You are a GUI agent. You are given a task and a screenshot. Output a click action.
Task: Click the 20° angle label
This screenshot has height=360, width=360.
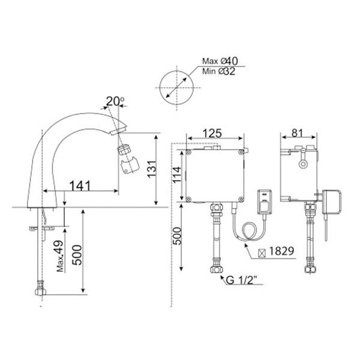click(x=115, y=101)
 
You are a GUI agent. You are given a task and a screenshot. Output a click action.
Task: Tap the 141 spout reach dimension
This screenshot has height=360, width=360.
click(x=80, y=186)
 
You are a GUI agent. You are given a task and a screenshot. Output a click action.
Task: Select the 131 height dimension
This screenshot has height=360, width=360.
click(x=152, y=169)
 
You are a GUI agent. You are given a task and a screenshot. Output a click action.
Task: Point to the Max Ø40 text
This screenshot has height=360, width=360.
click(x=220, y=61)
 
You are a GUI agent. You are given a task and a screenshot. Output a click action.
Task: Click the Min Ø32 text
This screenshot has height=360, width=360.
click(x=218, y=71)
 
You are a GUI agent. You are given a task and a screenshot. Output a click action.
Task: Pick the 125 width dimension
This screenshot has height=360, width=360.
click(x=212, y=134)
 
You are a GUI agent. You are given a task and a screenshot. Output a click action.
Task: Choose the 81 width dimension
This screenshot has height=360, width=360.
click(x=297, y=133)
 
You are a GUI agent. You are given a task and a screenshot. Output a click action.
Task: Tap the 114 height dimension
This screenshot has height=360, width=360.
click(x=177, y=175)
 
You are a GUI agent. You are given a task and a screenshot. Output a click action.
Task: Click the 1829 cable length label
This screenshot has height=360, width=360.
click(x=281, y=251)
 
